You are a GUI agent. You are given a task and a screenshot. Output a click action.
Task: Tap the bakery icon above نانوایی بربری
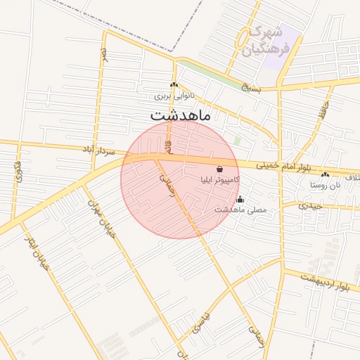(174, 85)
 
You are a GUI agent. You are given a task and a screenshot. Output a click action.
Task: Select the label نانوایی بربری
(174, 94)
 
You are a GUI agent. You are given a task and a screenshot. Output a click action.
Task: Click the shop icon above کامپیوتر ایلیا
(221, 169)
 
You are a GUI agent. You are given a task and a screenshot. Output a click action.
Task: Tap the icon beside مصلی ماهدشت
(240, 199)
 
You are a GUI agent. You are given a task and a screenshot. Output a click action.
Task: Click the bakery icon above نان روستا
(324, 174)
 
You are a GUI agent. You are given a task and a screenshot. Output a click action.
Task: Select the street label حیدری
(310, 206)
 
